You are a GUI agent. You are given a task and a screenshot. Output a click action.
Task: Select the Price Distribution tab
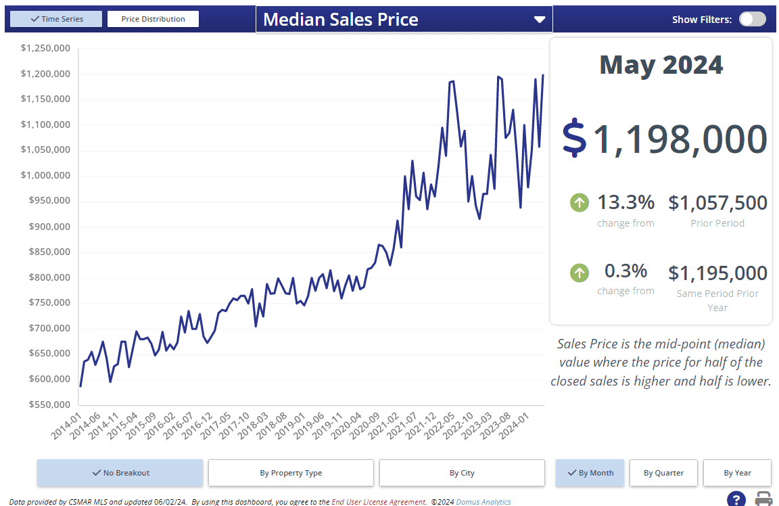pyautogui.click(x=153, y=19)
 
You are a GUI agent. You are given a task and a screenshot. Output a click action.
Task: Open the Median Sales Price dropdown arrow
pyautogui.click(x=539, y=20)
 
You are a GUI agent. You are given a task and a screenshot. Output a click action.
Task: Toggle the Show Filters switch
pyautogui.click(x=752, y=19)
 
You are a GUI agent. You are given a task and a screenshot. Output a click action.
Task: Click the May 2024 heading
pyautogui.click(x=661, y=65)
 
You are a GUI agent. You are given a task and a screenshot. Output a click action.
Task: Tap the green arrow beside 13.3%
pyautogui.click(x=579, y=202)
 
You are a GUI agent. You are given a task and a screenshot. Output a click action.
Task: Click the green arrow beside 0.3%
pyautogui.click(x=579, y=273)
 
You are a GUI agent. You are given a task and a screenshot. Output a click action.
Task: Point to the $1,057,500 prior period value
pyautogui.click(x=717, y=202)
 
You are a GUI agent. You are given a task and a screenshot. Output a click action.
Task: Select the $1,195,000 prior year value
pyautogui.click(x=717, y=273)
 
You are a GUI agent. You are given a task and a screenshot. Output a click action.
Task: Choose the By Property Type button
pyautogui.click(x=291, y=473)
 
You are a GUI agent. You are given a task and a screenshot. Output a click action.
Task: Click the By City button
pyautogui.click(x=462, y=473)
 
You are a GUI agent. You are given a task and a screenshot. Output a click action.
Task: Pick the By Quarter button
pyautogui.click(x=663, y=473)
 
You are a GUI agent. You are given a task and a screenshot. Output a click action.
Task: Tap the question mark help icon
pyautogui.click(x=736, y=500)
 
